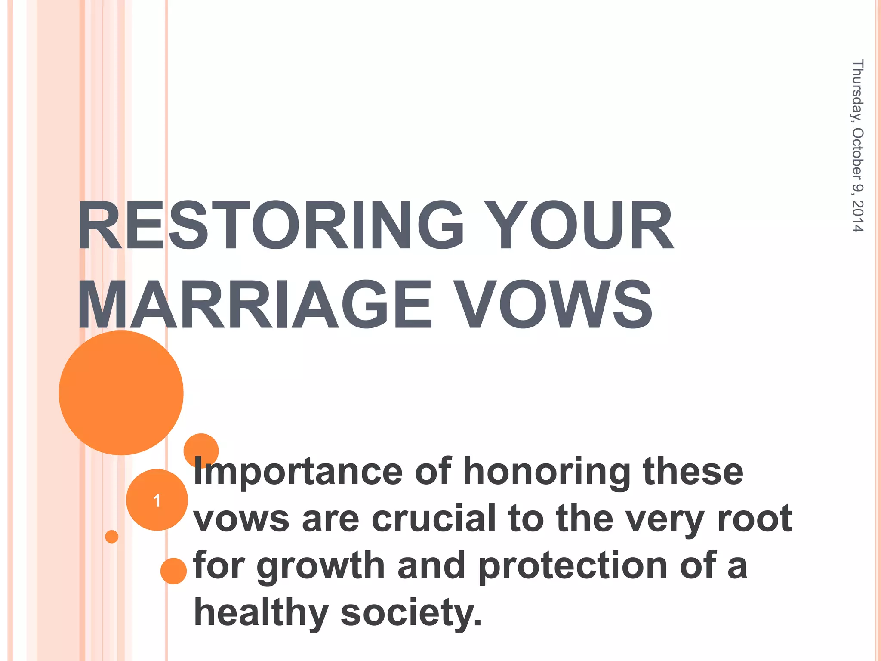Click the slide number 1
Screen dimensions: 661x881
tap(157, 500)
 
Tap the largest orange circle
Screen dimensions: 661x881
tap(121, 392)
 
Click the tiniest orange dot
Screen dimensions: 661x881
tap(112, 537)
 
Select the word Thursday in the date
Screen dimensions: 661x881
tap(857, 90)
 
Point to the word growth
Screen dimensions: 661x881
tap(320, 566)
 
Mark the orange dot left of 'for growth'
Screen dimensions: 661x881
tap(173, 571)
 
